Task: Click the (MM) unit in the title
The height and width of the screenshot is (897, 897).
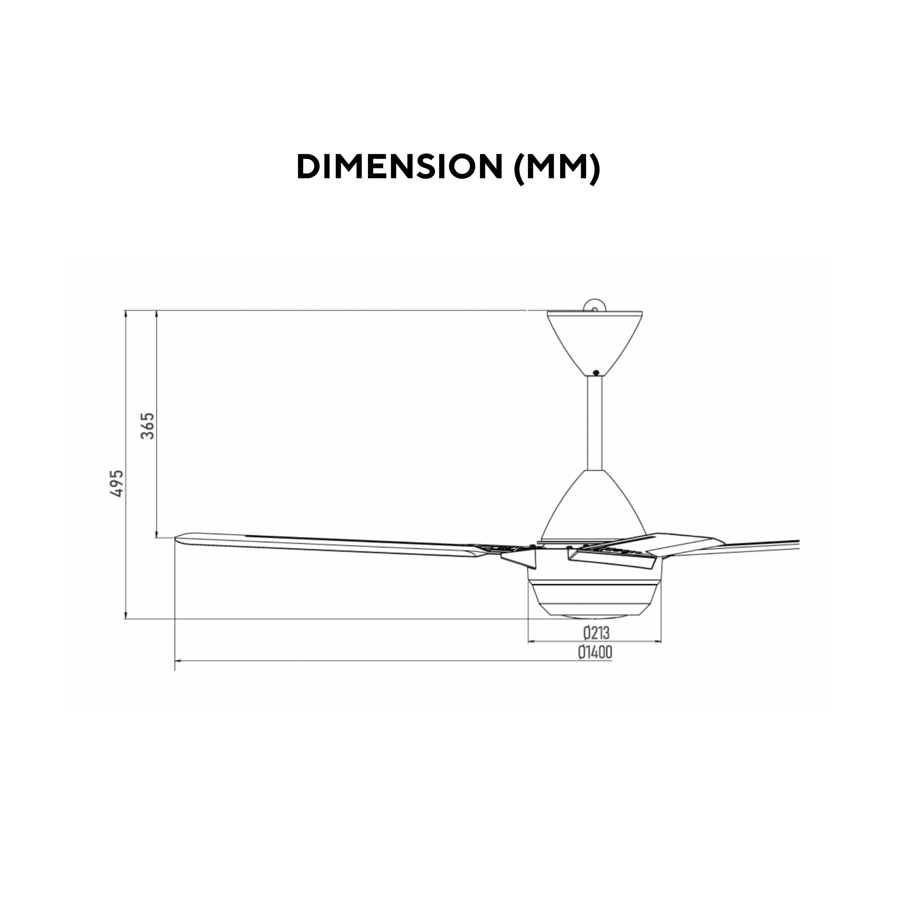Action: point(558,167)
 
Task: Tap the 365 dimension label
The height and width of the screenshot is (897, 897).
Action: point(148,426)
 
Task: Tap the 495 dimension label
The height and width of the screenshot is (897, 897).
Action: point(117,484)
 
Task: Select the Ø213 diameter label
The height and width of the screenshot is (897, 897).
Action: point(596,633)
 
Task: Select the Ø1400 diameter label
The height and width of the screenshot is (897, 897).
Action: point(595,652)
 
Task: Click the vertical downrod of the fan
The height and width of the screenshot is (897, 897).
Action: point(595,423)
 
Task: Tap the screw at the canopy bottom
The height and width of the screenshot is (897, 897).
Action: point(596,372)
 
